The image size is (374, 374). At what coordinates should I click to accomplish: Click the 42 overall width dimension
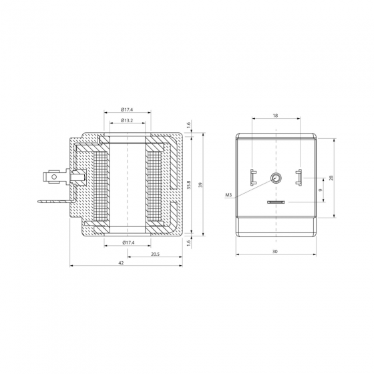[121, 264]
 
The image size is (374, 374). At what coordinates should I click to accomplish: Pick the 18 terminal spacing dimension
[275, 116]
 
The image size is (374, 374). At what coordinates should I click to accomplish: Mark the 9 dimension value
[321, 190]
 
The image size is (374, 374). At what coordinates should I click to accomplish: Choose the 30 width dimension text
[275, 251]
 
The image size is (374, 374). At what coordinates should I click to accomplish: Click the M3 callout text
[228, 195]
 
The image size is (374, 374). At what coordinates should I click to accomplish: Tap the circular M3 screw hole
[275, 178]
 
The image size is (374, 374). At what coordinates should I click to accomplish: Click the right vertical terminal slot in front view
[299, 178]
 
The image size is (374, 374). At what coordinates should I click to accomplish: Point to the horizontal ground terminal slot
[275, 202]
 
